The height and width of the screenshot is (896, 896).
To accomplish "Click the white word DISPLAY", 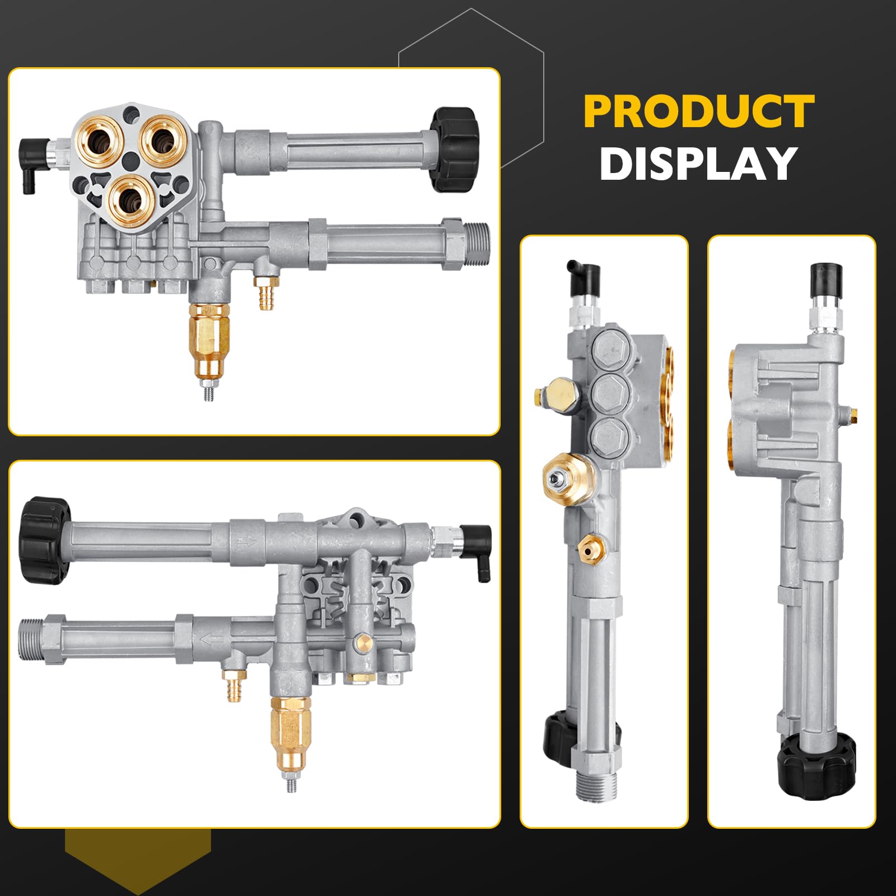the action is click(x=698, y=164).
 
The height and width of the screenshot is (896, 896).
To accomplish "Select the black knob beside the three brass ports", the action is click(x=454, y=148).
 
